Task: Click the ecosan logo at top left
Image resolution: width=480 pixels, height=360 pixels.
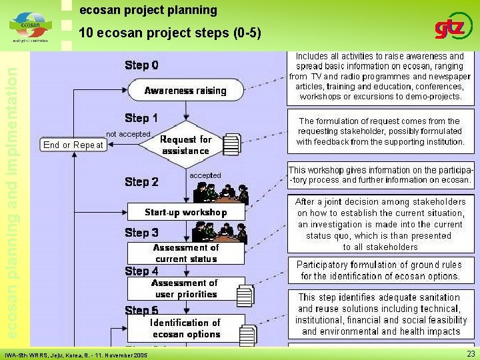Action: tap(29, 27)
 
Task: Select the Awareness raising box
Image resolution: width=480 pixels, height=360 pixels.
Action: tap(185, 91)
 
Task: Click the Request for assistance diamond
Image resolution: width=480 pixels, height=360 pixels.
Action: tap(185, 145)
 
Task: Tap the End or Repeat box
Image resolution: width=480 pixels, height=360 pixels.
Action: tap(73, 145)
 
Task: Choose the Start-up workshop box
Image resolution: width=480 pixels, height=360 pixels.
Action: tap(185, 213)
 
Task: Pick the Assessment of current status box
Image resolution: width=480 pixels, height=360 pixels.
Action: tap(185, 253)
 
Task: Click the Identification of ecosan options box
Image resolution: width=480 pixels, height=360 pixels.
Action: tap(185, 328)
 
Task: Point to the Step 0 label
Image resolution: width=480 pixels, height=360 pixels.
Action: tap(141, 65)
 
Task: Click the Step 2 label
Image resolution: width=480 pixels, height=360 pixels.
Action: tap(141, 181)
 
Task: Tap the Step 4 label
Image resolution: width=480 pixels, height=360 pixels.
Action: tap(141, 271)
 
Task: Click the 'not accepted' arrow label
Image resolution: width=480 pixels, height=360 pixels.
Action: tap(128, 134)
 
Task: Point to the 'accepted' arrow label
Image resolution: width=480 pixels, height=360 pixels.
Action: tap(205, 175)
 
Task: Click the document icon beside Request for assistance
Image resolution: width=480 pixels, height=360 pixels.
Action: tap(231, 144)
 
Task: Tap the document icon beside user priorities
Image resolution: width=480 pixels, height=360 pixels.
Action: tap(245, 294)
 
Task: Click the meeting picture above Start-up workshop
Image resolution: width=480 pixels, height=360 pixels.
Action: tap(220, 193)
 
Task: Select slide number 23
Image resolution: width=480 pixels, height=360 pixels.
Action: tap(471, 354)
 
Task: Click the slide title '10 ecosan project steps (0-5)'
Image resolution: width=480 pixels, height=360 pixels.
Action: tap(169, 33)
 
